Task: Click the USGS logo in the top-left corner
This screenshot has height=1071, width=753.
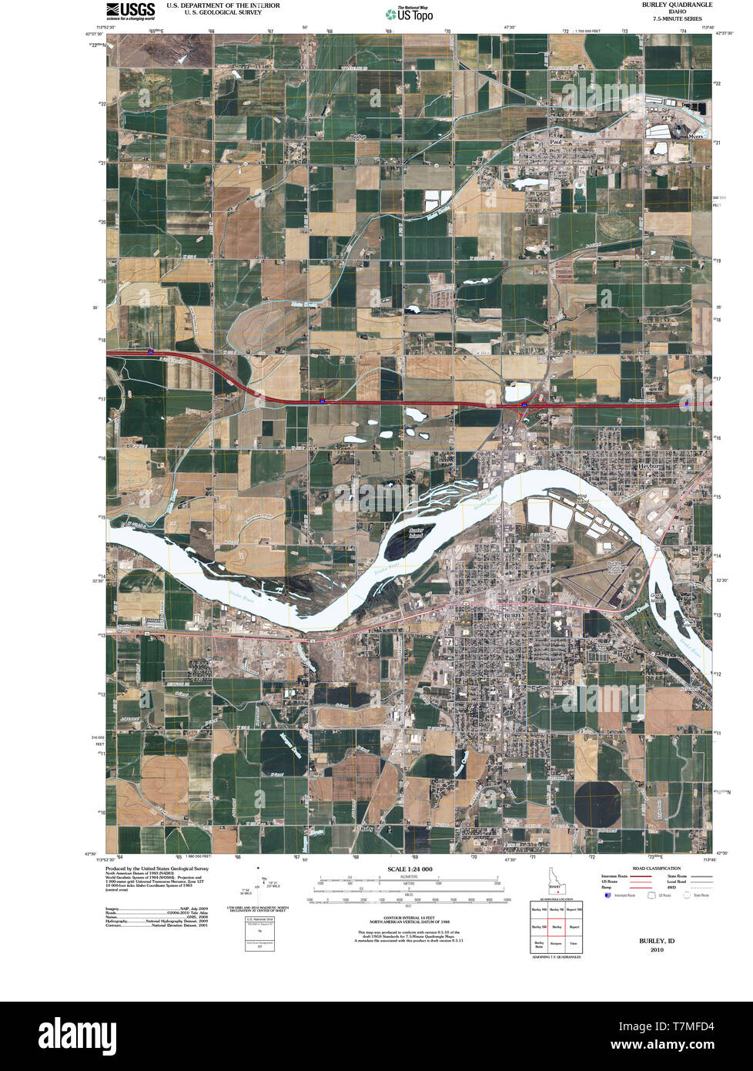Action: click(130, 9)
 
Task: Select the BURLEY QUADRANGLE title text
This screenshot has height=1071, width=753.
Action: click(677, 5)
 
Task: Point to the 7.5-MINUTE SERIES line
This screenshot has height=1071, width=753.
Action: click(677, 18)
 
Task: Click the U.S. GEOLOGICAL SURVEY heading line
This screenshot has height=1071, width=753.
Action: click(223, 12)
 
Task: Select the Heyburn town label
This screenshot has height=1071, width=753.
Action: click(650, 467)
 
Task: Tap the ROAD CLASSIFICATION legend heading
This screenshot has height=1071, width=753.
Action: click(656, 868)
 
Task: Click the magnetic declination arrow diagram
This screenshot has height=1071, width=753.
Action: click(262, 885)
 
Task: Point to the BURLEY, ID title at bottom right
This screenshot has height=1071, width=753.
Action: click(656, 941)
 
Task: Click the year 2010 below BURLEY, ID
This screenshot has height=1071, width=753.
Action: click(656, 949)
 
